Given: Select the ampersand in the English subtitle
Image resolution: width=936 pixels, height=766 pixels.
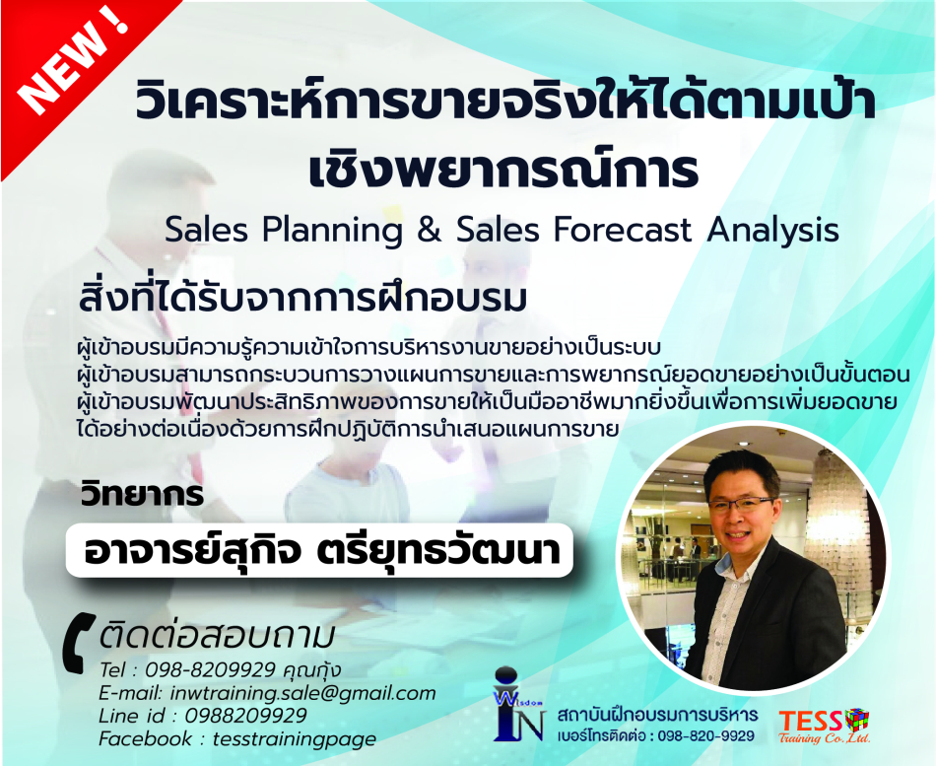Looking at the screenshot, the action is [430, 230].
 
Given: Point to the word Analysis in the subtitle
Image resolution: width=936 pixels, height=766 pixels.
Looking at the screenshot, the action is [772, 231].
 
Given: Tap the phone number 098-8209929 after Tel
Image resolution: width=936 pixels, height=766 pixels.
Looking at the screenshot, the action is [210, 669].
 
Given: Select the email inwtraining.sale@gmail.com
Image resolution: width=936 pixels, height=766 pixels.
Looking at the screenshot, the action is [303, 693].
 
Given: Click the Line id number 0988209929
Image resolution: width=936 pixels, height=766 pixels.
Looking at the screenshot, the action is [245, 715].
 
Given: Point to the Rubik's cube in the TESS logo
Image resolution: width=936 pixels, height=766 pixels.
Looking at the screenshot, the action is [857, 719].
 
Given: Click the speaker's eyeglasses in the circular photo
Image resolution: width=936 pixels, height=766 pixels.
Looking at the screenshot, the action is [742, 503].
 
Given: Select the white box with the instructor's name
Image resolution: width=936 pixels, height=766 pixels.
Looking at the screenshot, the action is [319, 550].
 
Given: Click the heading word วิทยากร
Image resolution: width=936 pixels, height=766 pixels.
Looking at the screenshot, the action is [142, 495].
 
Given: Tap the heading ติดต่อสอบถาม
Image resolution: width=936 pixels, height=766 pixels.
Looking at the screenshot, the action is [216, 636].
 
